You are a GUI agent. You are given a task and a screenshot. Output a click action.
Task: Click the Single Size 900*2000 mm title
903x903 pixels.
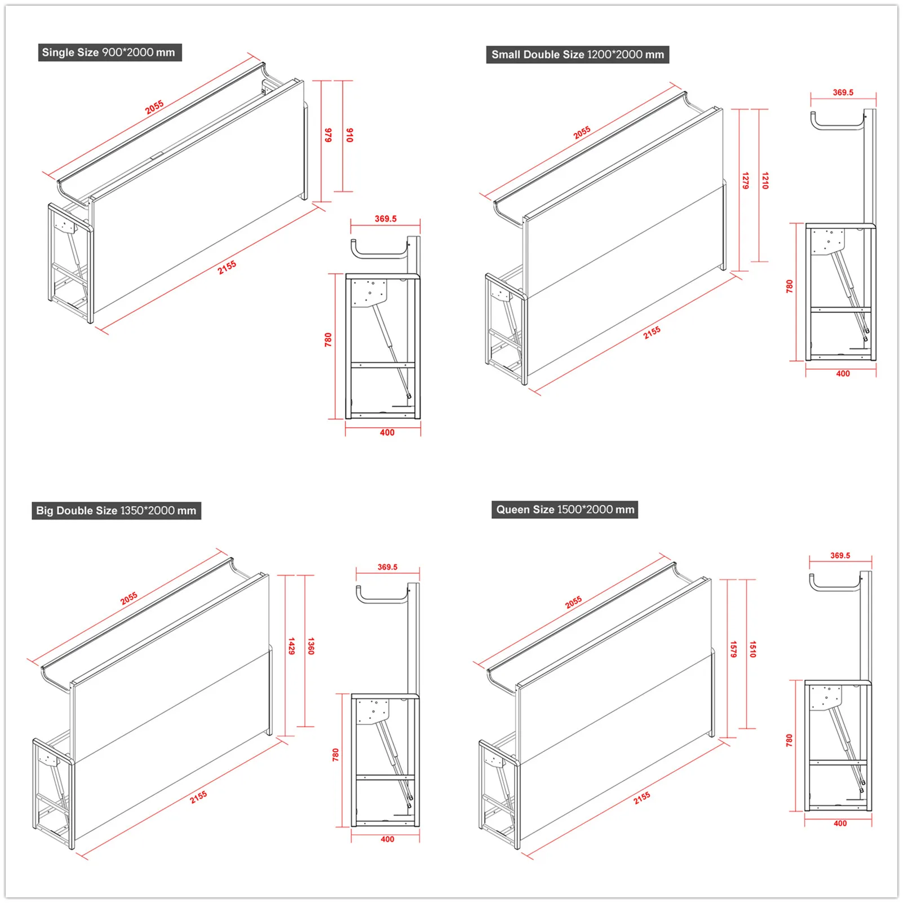(x=109, y=52)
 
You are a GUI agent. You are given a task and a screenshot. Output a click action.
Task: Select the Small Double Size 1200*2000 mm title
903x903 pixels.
(x=577, y=55)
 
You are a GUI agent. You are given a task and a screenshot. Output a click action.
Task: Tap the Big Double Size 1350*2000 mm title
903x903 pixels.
(x=116, y=511)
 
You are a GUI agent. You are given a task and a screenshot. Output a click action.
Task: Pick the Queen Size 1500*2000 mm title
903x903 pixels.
(x=565, y=510)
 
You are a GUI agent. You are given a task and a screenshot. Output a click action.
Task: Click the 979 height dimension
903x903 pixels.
(x=328, y=135)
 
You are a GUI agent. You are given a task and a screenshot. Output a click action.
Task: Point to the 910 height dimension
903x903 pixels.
(x=349, y=135)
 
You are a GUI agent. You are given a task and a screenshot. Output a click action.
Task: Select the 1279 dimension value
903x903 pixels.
(x=745, y=181)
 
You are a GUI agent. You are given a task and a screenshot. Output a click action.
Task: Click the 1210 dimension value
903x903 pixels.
(x=765, y=181)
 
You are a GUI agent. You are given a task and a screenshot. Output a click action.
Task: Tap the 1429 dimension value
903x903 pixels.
(x=291, y=646)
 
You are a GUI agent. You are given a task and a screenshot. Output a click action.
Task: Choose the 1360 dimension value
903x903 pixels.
(x=311, y=646)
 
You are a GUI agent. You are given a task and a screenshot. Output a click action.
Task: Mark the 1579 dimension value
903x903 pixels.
(x=733, y=649)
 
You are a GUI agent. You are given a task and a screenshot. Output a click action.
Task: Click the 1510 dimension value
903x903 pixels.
(x=753, y=649)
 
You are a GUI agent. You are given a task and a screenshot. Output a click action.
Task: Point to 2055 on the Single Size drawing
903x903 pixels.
(x=154, y=107)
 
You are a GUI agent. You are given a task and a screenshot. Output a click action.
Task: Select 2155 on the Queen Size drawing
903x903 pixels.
(x=641, y=797)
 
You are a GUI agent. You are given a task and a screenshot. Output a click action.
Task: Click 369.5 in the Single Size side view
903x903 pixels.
(x=386, y=219)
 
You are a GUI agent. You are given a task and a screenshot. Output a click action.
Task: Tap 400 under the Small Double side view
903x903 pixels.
(x=843, y=374)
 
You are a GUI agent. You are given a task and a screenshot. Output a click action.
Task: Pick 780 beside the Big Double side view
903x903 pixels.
(x=336, y=755)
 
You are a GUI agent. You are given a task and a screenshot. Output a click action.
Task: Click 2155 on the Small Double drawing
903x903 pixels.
(x=652, y=333)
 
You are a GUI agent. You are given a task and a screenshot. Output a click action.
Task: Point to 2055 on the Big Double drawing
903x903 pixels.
(x=129, y=598)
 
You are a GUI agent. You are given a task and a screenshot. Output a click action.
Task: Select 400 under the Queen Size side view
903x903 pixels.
(x=840, y=824)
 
